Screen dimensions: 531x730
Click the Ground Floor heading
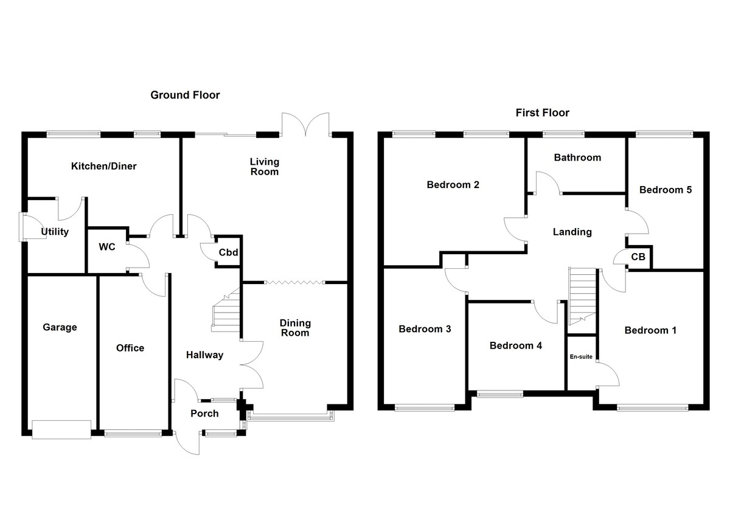click(x=185, y=95)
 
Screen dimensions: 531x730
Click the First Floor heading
click(x=542, y=113)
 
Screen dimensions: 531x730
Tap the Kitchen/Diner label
click(x=104, y=166)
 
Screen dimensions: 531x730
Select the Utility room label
click(x=55, y=232)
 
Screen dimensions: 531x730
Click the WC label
click(x=107, y=248)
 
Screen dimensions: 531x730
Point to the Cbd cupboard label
click(x=228, y=252)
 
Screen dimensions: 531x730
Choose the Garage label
click(x=60, y=327)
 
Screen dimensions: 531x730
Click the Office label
click(x=130, y=348)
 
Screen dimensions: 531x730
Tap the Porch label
click(x=204, y=414)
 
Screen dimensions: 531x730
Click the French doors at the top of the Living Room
click(x=306, y=124)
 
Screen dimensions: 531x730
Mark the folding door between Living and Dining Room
click(x=295, y=282)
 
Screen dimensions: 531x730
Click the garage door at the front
click(x=61, y=429)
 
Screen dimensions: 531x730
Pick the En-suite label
click(x=581, y=358)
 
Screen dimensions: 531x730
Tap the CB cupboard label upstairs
click(x=638, y=257)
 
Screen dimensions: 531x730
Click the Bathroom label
click(x=577, y=158)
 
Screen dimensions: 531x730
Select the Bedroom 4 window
click(x=499, y=394)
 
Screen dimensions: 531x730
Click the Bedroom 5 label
click(x=665, y=190)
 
